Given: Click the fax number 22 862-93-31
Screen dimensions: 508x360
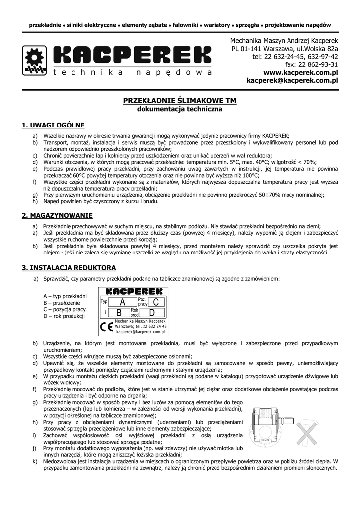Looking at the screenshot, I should pyautogui.click(x=311, y=64).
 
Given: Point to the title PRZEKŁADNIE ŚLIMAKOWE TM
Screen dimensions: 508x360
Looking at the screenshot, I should pyautogui.click(x=180, y=101).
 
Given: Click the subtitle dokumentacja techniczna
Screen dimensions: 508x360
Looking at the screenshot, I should pyautogui.click(x=180, y=109).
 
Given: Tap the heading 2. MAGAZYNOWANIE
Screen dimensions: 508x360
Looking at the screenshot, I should pyautogui.click(x=58, y=215).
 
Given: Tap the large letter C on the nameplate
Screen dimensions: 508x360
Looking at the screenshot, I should pyautogui.click(x=156, y=302).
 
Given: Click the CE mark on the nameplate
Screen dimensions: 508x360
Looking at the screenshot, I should pyautogui.click(x=106, y=327).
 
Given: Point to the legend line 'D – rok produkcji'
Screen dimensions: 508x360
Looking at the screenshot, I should pyautogui.click(x=65, y=316).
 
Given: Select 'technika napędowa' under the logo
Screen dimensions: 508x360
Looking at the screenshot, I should pyautogui.click(x=132, y=73).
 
